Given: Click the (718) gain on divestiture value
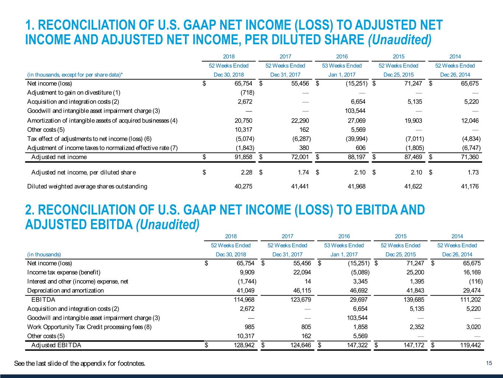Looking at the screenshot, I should [247, 92].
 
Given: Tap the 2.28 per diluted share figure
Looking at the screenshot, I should [247, 172].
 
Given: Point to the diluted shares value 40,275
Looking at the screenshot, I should [244, 186].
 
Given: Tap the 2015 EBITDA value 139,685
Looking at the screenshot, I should [413, 299].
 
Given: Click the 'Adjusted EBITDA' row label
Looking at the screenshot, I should [56, 345].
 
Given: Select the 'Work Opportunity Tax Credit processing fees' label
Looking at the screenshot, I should [89, 327].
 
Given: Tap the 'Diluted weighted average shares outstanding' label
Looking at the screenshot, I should [87, 186].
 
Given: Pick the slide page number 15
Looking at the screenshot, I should [489, 363].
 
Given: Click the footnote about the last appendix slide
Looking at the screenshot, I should [80, 364].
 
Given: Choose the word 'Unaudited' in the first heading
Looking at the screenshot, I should [399, 39].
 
